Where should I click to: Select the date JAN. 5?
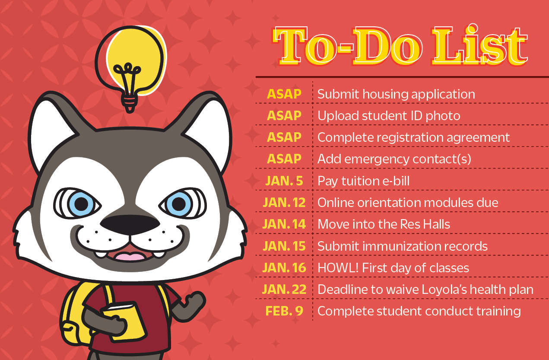pos(284,181)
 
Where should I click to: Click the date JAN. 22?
pos(284,289)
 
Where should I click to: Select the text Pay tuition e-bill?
pos(363,181)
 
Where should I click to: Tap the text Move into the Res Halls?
pos(384,224)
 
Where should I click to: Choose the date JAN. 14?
pos(284,224)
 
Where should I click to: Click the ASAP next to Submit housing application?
pos(284,94)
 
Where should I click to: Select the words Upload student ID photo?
pos(389,115)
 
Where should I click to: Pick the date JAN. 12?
pos(284,202)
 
